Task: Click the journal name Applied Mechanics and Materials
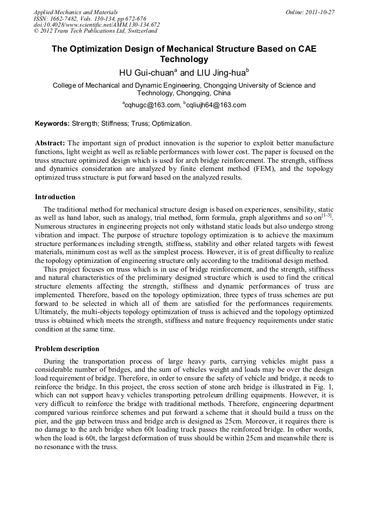75,12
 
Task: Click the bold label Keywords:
52,124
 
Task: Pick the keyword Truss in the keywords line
139,124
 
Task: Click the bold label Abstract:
50,143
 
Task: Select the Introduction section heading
55,197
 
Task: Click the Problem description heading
67,348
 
